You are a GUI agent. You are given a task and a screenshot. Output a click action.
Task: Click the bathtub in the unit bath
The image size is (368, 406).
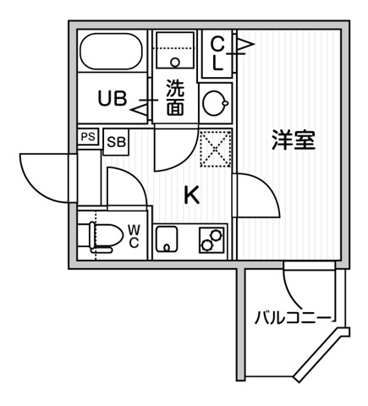point(112,52)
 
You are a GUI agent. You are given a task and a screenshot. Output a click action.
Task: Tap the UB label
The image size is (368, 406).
point(112,98)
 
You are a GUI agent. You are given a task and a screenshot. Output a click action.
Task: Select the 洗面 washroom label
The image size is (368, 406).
point(175,97)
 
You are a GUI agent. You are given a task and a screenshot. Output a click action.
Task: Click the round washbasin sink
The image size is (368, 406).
point(216,103)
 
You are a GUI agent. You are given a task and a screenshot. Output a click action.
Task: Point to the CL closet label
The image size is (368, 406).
point(217,53)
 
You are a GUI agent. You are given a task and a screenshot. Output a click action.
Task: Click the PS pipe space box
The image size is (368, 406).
point(88,137)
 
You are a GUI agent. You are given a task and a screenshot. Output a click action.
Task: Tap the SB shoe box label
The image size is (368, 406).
point(116,142)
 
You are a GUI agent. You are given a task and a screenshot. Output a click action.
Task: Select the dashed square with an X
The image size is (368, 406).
point(216,149)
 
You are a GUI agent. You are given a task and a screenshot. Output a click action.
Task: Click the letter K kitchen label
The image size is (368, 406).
point(192,195)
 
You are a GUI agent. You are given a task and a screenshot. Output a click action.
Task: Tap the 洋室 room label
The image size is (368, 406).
point(294,140)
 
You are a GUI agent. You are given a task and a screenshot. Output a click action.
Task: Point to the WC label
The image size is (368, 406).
point(134,236)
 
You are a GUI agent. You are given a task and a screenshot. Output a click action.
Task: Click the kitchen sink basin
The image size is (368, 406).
point(167,239)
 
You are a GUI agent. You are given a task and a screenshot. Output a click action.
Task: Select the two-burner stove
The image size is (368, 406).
point(211,240)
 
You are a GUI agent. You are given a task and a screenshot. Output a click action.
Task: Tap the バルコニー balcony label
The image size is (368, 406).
point(293,318)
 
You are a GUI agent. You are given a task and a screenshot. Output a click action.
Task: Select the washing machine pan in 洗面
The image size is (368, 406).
point(175,50)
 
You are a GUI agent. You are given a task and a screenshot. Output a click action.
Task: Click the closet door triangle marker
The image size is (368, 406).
point(244,44)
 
